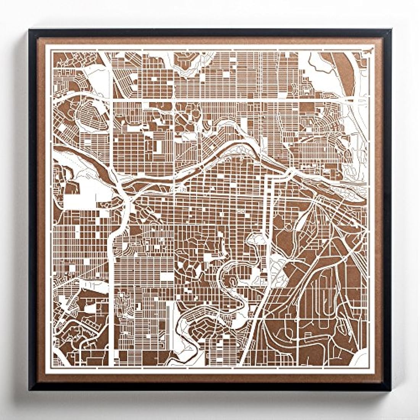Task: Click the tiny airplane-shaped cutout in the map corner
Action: pyautogui.click(x=368, y=50)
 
